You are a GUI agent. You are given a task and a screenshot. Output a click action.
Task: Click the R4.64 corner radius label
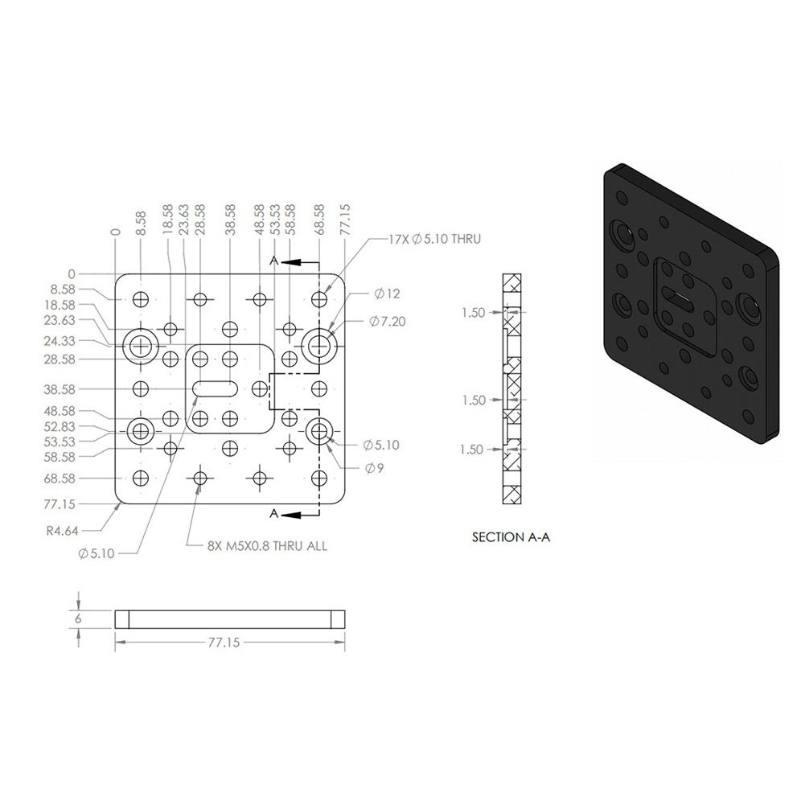[x=63, y=531]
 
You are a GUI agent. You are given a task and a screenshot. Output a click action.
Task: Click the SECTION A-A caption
[x=511, y=537]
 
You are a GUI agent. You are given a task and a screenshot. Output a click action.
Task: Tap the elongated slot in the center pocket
[x=215, y=388]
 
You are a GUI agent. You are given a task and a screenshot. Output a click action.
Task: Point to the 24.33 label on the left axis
[x=60, y=341]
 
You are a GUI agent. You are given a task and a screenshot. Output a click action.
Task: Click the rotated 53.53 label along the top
[x=275, y=220]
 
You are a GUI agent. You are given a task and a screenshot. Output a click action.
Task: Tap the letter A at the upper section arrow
[x=273, y=261]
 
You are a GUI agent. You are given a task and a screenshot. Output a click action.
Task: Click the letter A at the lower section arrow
[x=273, y=513]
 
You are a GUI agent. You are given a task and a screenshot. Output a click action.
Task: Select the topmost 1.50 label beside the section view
[x=473, y=312]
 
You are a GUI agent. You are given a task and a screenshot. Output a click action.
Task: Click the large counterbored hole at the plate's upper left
[x=142, y=346]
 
